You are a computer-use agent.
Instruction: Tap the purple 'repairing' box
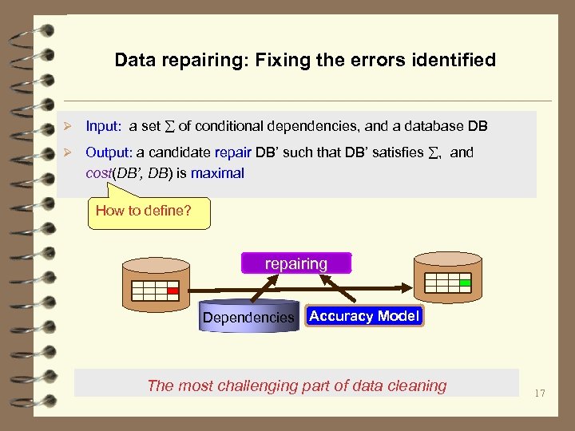point(295,263)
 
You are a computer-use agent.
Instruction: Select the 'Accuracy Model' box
point(363,316)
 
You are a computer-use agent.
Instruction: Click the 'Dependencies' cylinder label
point(248,318)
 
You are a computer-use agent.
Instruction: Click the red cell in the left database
point(172,291)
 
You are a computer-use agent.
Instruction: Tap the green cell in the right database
point(465,283)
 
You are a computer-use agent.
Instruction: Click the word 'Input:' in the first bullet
point(103,126)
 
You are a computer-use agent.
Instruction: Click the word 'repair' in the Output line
point(236,152)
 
